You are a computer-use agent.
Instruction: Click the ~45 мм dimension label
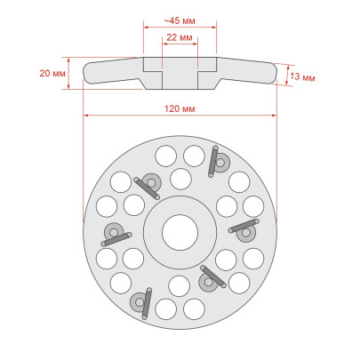coord(180,20)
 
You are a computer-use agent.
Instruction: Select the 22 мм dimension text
coord(180,37)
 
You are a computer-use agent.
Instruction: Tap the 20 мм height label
coord(52,73)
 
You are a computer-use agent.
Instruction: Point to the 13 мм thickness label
coord(302,76)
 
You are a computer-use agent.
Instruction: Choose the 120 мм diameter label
coord(180,108)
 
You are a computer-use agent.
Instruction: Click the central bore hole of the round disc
coord(180,232)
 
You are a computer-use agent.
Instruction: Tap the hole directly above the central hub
coord(180,179)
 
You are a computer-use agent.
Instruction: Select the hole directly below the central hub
coord(180,286)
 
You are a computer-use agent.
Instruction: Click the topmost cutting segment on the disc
coord(219,162)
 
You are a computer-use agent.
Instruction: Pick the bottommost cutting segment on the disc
coord(141,303)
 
